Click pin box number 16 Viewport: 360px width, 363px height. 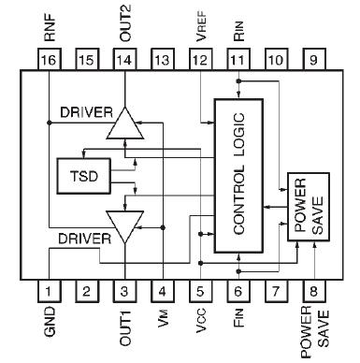(x=49, y=60)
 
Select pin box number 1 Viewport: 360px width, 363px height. (x=49, y=291)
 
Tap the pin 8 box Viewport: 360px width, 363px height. (x=316, y=291)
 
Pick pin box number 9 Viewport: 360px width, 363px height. (x=316, y=60)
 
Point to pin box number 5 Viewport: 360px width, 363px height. (x=201, y=291)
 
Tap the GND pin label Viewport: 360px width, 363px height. (x=50, y=324)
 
